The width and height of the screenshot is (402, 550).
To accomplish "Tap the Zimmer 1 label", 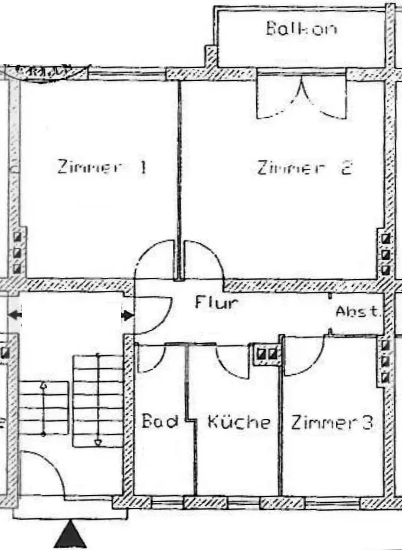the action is (x=102, y=167).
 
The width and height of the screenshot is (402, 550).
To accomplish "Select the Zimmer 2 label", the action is (x=305, y=168).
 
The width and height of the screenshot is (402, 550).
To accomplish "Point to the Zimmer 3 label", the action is (x=331, y=423).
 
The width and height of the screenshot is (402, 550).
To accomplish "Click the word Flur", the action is (x=217, y=303).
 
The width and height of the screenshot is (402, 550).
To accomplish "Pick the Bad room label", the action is (x=160, y=423).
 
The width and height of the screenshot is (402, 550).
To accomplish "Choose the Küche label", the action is (x=238, y=423).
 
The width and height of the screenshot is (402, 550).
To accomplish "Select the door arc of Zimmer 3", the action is (x=305, y=356).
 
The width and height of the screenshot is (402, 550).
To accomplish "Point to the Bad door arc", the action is (x=155, y=358).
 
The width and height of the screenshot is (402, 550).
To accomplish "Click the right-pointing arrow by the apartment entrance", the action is (x=126, y=316).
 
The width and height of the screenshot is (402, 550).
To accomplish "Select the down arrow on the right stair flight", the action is (x=98, y=441).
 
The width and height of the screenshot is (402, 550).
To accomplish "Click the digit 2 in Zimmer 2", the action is (x=346, y=168).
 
